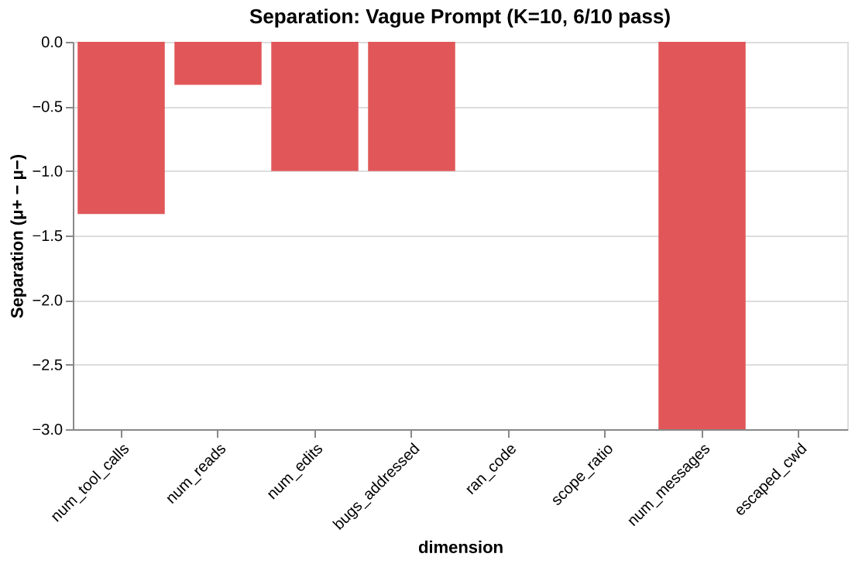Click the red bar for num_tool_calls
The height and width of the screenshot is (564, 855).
pyautogui.click(x=121, y=128)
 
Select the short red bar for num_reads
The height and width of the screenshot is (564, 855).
pyautogui.click(x=218, y=63)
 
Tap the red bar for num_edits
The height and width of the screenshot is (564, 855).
pyautogui.click(x=314, y=106)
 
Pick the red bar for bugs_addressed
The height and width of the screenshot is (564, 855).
pyautogui.click(x=411, y=106)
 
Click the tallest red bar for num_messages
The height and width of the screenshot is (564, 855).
pyautogui.click(x=702, y=236)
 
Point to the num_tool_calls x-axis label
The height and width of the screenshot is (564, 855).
pyautogui.click(x=91, y=481)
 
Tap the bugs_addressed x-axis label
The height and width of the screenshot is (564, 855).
pyautogui.click(x=377, y=486)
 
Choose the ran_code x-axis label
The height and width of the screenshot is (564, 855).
pyautogui.click(x=492, y=469)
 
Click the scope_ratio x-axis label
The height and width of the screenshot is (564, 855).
pyautogui.click(x=582, y=474)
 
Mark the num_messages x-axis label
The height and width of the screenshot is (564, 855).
pyautogui.click(x=669, y=484)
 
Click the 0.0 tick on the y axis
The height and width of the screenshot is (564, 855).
pyautogui.click(x=52, y=42)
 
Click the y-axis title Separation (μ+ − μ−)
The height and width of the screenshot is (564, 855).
pyautogui.click(x=18, y=236)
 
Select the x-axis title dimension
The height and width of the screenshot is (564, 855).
pyautogui.click(x=460, y=547)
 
